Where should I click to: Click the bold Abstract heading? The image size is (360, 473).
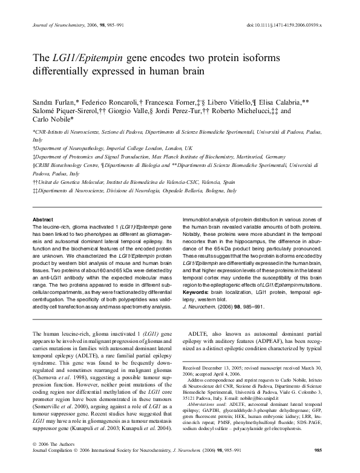[42, 219]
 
